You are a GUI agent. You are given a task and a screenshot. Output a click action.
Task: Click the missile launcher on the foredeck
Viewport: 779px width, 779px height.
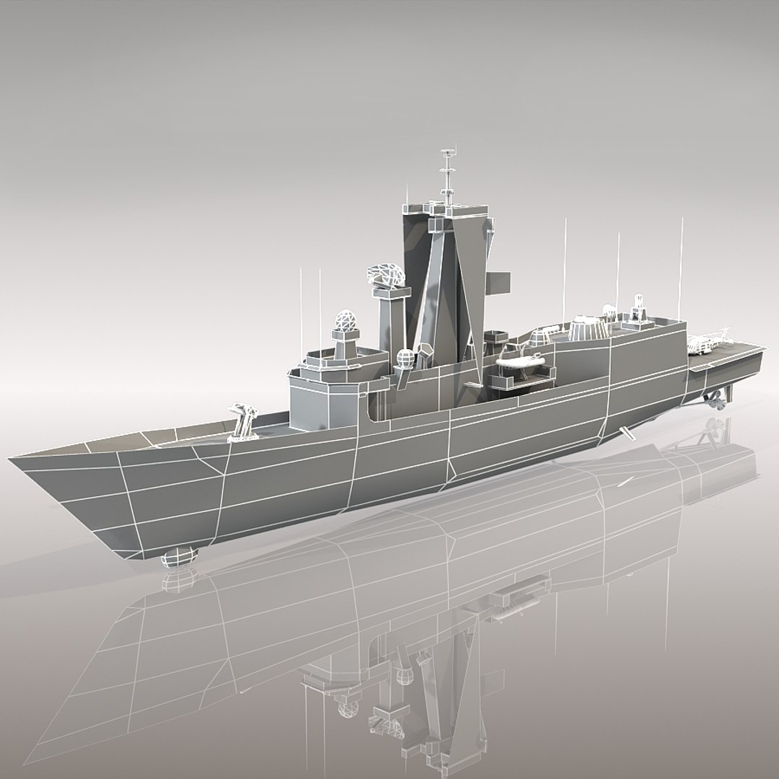(x=243, y=421)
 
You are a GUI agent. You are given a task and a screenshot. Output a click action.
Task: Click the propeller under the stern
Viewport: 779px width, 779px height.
(x=716, y=402)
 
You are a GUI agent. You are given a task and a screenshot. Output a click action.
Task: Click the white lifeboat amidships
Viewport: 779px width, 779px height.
(x=521, y=361)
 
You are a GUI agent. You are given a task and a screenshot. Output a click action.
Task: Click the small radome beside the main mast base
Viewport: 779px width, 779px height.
(x=405, y=357)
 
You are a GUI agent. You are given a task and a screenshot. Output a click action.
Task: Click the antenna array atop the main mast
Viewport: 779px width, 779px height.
(x=448, y=173)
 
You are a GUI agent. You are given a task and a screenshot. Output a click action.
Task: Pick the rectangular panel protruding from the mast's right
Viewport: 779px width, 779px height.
(x=498, y=282)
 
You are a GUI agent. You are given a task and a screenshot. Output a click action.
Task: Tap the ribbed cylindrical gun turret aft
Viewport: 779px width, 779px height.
(x=588, y=327)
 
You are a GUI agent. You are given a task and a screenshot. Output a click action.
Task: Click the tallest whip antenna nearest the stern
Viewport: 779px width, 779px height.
(x=681, y=267)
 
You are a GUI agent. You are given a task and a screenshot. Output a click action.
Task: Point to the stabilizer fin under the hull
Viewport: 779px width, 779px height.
(x=628, y=433)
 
